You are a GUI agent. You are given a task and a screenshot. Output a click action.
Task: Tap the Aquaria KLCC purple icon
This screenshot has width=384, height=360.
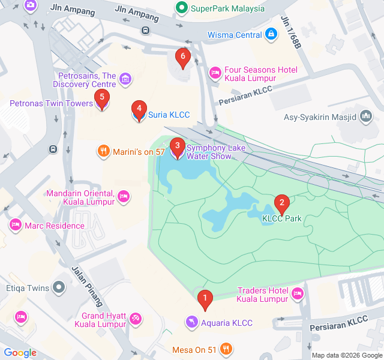click(191, 323)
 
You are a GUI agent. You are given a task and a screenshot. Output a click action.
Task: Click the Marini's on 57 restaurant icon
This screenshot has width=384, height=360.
click(103, 152)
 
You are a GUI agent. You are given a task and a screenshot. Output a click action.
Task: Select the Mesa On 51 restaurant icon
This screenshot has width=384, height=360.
click(226, 348)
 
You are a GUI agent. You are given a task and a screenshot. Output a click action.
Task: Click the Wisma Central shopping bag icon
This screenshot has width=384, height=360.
click(272, 35)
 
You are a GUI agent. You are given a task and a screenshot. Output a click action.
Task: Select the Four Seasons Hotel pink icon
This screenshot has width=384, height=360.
click(214, 73)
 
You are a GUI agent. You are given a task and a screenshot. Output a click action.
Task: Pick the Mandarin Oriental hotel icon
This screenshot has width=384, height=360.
click(124, 196)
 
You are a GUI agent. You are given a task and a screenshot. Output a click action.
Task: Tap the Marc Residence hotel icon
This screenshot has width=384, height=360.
click(15, 226)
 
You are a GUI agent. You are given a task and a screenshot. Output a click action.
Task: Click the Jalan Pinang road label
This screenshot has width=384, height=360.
click(88, 286)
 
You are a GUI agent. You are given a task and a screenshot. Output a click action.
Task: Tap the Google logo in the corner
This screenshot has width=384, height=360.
click(20, 353)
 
